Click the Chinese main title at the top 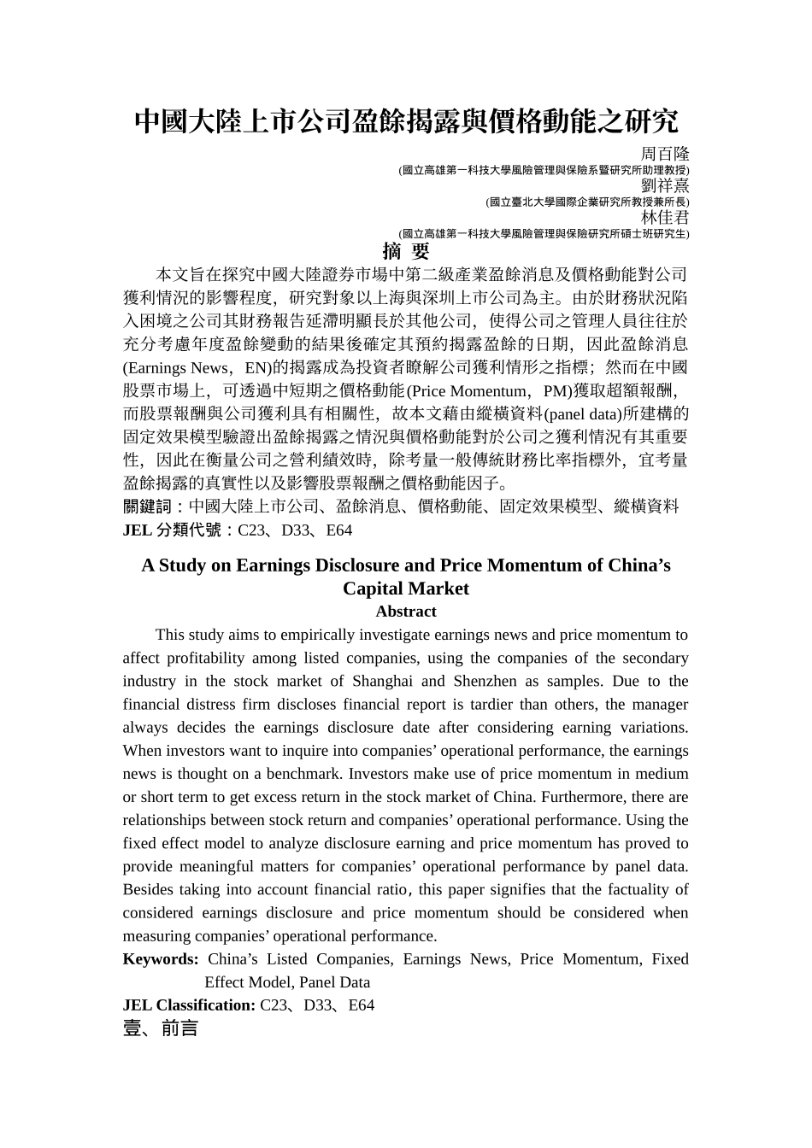tap(406, 121)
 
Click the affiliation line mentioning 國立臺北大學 tap(586, 202)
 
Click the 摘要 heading tap(406, 251)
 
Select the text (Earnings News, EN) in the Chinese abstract tap(197, 368)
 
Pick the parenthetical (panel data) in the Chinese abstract tap(586, 414)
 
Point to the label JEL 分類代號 tap(173, 530)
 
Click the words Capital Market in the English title tap(406, 589)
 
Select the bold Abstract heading tap(406, 612)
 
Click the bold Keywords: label tap(161, 959)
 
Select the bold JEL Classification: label tap(189, 1005)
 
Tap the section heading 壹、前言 tap(161, 1028)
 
